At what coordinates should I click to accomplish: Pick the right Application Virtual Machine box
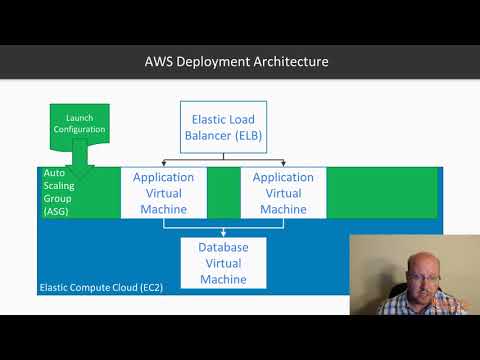pos(283,193)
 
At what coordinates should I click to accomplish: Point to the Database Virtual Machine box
pos(223,262)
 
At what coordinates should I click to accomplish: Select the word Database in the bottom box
pos(223,246)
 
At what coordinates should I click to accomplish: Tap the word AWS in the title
pos(160,62)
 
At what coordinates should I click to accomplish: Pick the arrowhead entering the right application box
pos(283,163)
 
